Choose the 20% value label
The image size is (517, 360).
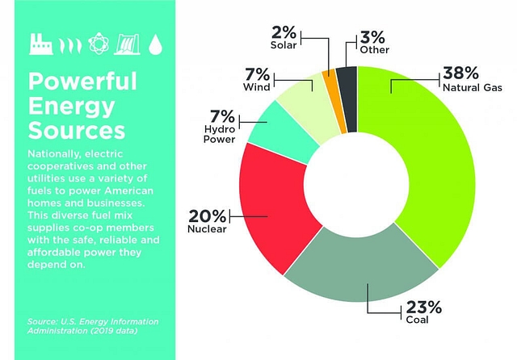pyautogui.click(x=207, y=216)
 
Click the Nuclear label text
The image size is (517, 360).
pyautogui.click(x=208, y=230)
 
